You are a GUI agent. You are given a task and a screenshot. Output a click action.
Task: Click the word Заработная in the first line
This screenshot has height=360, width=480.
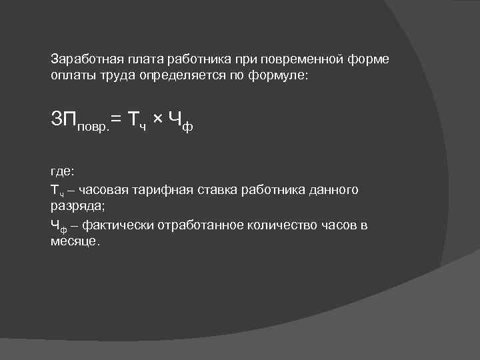[82, 59]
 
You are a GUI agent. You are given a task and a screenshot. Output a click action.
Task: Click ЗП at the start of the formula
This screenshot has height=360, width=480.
[64, 119]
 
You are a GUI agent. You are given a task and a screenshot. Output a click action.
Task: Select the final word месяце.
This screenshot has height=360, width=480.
[75, 241]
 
